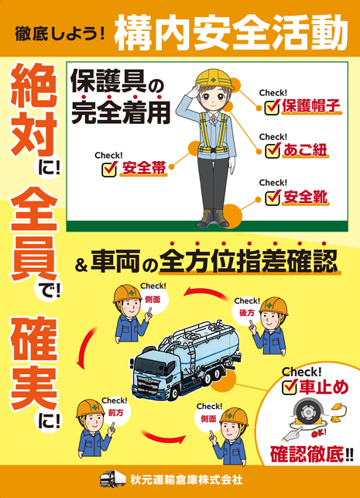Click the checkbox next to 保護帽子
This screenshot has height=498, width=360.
[x=272, y=107]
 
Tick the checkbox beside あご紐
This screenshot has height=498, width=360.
[x=272, y=150]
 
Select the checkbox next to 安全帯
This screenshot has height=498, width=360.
[x=109, y=170]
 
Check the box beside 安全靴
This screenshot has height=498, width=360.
[x=272, y=197]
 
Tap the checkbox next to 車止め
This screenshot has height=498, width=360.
[x=290, y=386]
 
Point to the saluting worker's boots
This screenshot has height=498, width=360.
[x=213, y=218]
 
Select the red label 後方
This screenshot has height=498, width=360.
[x=247, y=313]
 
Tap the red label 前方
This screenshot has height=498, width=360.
[x=115, y=413]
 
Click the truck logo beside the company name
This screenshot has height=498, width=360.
[x=112, y=479]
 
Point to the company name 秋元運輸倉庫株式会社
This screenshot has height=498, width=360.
[x=187, y=479]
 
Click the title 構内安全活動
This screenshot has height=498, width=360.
[x=231, y=33]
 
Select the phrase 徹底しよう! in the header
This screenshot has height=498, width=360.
[x=60, y=34]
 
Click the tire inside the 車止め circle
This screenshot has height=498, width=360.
[x=307, y=413]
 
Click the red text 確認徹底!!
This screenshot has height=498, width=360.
[x=311, y=454]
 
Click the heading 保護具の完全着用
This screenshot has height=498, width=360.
[x=119, y=98]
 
